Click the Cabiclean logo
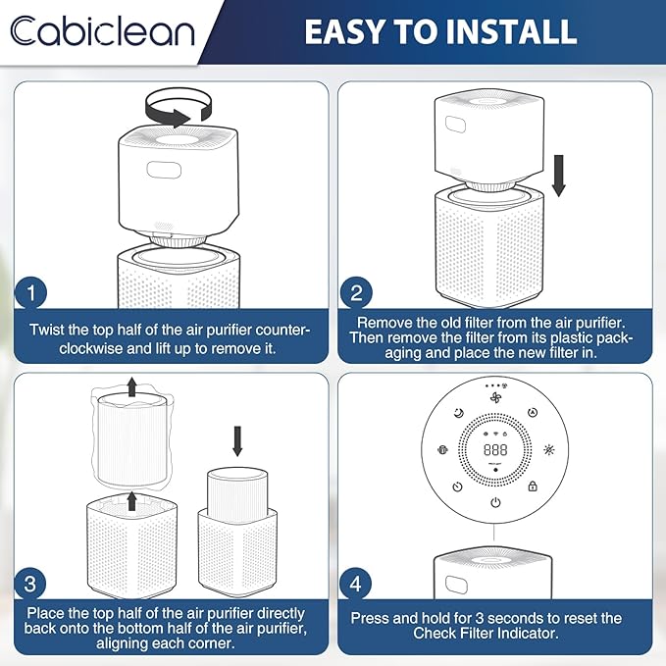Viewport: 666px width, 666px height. point(102,30)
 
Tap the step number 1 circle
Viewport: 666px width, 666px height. point(31,292)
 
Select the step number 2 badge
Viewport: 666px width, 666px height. point(356,292)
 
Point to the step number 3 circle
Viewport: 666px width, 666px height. point(30,584)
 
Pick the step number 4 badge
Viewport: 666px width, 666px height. point(355,584)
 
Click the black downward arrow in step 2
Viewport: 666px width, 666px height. point(558,176)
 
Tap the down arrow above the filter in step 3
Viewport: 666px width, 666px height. point(237,441)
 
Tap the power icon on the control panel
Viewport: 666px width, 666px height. point(495,503)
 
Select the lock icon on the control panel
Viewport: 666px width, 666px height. point(533,486)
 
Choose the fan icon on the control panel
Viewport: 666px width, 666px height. point(495,397)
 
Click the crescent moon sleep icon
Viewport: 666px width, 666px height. point(459,412)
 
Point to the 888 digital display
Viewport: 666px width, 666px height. point(495,449)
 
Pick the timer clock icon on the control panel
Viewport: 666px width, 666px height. point(457,487)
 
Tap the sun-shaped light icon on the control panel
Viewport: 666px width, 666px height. point(548,449)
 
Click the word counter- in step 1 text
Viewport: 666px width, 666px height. point(282,330)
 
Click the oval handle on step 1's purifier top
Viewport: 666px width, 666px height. point(164,170)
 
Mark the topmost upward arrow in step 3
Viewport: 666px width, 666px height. point(132,386)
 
